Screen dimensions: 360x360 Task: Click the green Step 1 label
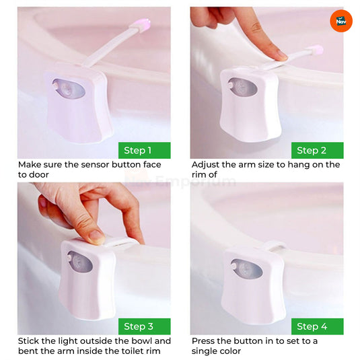point(144,150)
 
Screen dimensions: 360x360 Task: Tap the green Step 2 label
point(317,150)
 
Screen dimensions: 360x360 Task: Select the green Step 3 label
point(144,326)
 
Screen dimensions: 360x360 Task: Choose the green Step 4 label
point(317,326)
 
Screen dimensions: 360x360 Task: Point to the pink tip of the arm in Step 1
point(143,26)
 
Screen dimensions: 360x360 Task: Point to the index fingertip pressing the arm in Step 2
point(280,55)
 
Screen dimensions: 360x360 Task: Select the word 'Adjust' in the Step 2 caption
point(207,165)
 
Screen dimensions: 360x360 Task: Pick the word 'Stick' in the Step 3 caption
point(30,341)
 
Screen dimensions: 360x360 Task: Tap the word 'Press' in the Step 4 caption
point(205,341)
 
